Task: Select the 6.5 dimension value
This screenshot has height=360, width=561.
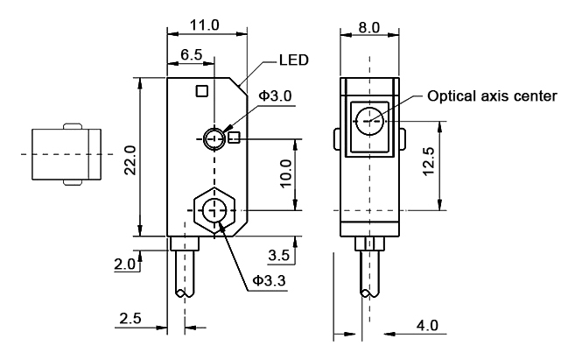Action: click(x=192, y=56)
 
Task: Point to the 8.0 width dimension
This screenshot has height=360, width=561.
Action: click(x=369, y=27)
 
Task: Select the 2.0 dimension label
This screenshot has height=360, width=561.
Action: click(x=126, y=264)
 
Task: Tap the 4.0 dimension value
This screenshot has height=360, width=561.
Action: click(x=426, y=325)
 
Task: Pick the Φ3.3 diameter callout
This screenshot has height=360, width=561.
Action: click(x=268, y=281)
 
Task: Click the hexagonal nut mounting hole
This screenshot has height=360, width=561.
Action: click(x=213, y=210)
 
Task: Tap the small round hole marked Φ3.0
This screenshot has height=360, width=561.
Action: click(x=213, y=138)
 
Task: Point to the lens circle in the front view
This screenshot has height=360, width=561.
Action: click(x=369, y=119)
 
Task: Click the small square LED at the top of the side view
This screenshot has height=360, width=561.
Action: click(x=202, y=90)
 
